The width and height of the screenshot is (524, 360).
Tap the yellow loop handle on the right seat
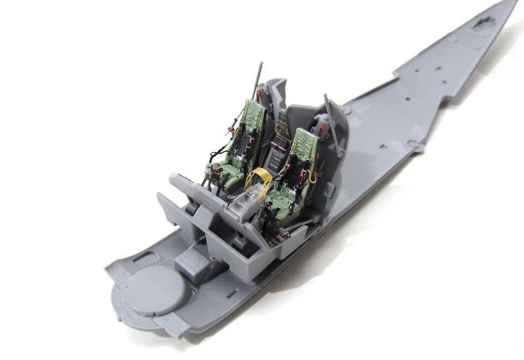(312, 176)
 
